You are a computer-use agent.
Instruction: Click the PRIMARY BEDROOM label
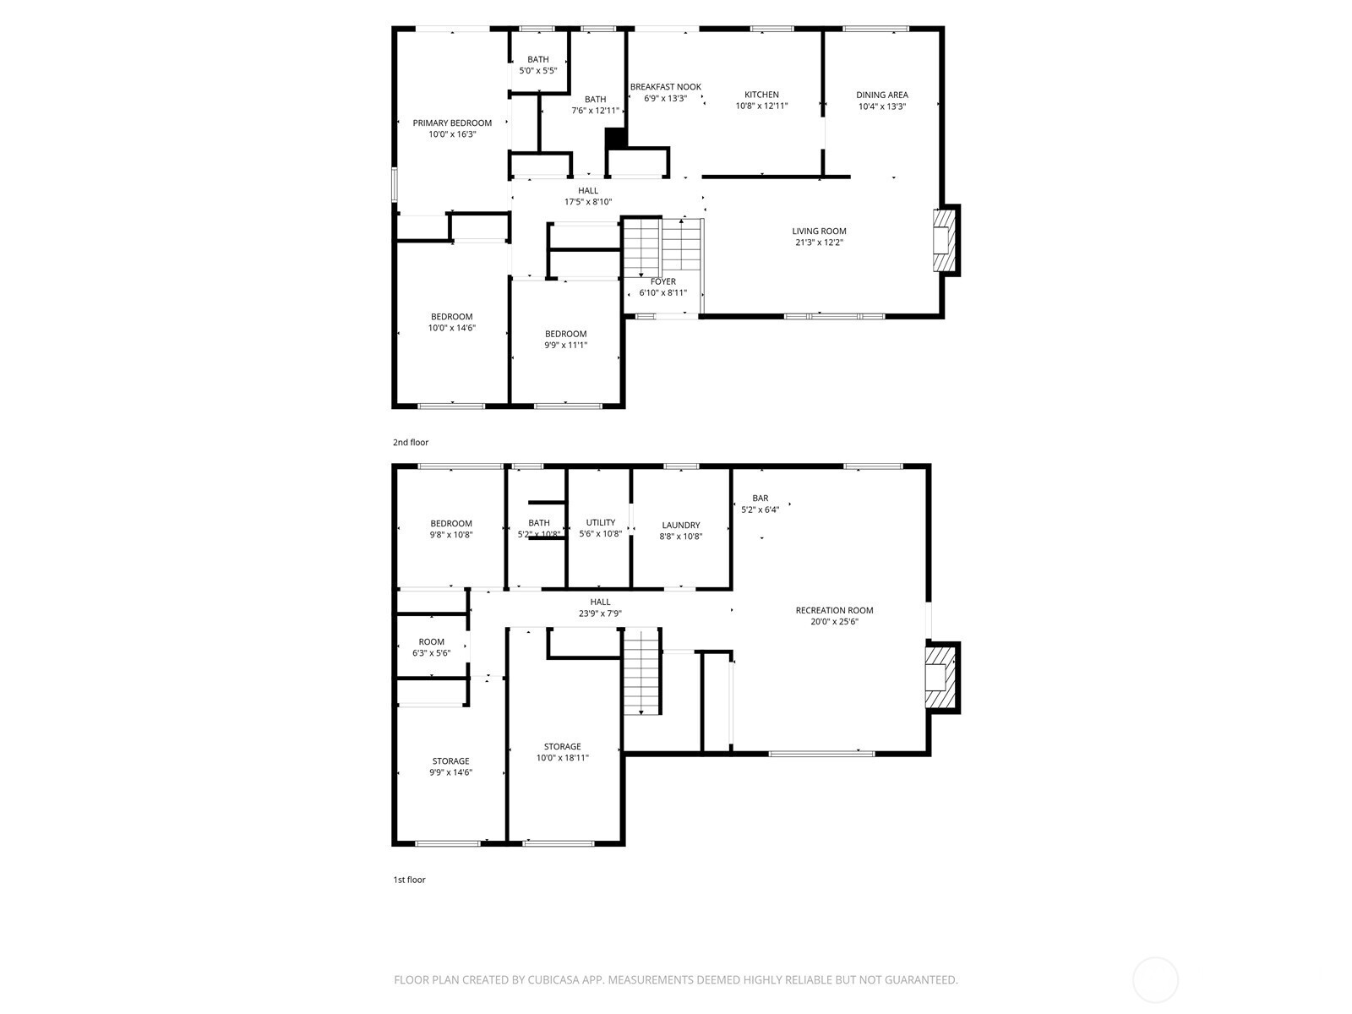pyautogui.click(x=452, y=123)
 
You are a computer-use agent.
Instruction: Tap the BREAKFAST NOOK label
pyautogui.click(x=665, y=87)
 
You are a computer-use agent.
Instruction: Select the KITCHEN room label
pyautogui.click(x=761, y=94)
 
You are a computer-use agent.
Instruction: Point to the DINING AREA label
pyautogui.click(x=881, y=95)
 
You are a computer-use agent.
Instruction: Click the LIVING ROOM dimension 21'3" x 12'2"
pyautogui.click(x=819, y=242)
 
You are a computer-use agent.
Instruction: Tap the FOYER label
pyautogui.click(x=662, y=281)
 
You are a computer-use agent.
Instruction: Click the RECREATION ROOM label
pyautogui.click(x=834, y=610)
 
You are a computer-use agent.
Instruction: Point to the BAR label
pyautogui.click(x=760, y=498)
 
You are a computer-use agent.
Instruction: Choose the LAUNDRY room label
pyautogui.click(x=680, y=525)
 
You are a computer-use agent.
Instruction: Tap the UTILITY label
pyautogui.click(x=601, y=522)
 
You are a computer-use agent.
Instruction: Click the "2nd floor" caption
pyautogui.click(x=410, y=442)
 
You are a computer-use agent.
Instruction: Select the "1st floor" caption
pyautogui.click(x=409, y=879)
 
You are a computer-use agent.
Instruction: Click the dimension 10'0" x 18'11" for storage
pyautogui.click(x=563, y=757)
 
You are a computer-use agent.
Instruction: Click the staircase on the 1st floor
pyautogui.click(x=642, y=671)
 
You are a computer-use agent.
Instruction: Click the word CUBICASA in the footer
pyautogui.click(x=553, y=979)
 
